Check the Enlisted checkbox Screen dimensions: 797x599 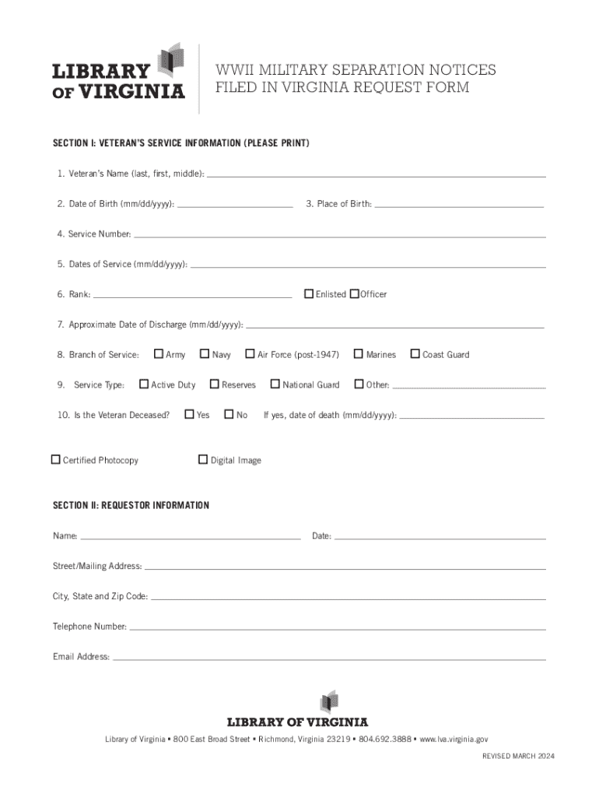pos(309,293)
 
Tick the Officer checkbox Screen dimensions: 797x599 pos(354,293)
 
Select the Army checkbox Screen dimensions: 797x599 pos(159,354)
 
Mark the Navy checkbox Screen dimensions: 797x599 pos(205,354)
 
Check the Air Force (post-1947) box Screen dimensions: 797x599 pos(250,354)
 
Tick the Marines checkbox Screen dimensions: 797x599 pos(359,354)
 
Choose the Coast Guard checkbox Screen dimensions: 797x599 pos(415,354)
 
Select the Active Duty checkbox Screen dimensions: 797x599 pos(144,384)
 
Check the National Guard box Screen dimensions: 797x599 pos(275,384)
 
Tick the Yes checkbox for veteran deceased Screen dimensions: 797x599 pos(189,414)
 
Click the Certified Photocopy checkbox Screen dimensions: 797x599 pos(56,459)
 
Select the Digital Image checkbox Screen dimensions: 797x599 pos(203,459)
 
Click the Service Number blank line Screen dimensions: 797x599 pos(339,234)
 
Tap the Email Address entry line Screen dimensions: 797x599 pos(329,658)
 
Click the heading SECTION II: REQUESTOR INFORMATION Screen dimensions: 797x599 pos(131,505)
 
